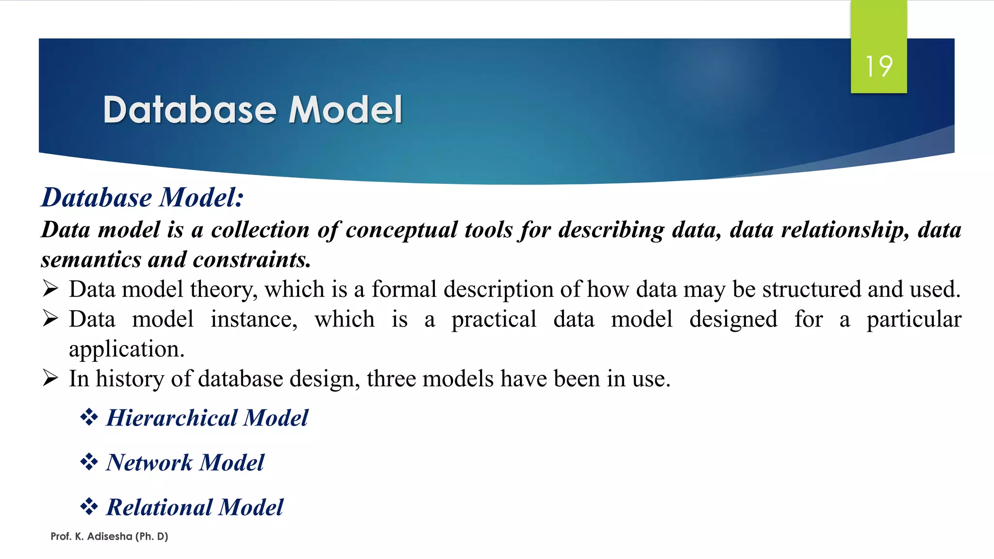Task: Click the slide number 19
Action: (x=878, y=66)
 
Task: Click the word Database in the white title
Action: (x=190, y=110)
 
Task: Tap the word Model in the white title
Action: (x=345, y=110)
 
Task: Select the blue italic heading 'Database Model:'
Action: (x=142, y=197)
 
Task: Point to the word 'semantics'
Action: (x=90, y=260)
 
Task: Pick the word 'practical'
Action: (x=494, y=320)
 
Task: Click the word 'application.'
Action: (x=127, y=349)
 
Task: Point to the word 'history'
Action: (x=130, y=379)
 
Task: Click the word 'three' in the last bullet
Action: (x=391, y=379)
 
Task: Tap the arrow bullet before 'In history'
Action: (x=50, y=378)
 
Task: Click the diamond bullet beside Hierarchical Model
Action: (x=89, y=417)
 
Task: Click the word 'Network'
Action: (x=149, y=462)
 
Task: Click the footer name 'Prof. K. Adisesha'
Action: (x=91, y=536)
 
